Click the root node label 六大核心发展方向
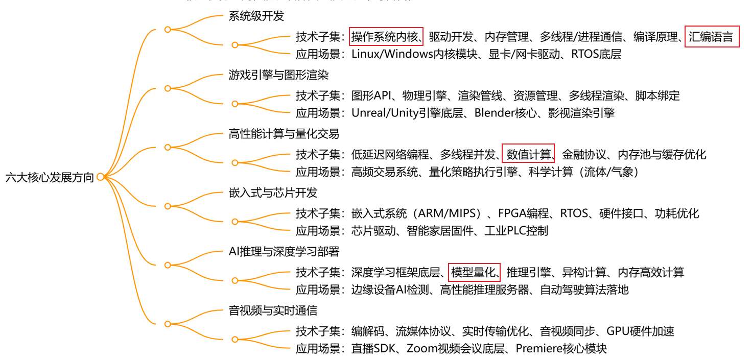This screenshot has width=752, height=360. [50, 178]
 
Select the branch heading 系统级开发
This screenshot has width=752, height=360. [256, 16]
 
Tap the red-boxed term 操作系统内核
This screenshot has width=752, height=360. [386, 37]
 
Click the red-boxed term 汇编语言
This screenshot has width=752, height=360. [711, 37]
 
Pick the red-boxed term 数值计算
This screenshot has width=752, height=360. [528, 154]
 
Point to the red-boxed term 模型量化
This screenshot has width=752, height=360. [474, 272]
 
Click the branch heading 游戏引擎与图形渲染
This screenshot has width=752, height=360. [278, 75]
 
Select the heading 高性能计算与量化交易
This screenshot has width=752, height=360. [284, 134]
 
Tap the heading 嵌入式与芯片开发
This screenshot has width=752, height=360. [273, 193]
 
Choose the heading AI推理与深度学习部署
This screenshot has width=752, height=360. [284, 252]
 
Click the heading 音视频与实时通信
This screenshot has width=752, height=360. [273, 310]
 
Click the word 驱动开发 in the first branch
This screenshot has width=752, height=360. [451, 37]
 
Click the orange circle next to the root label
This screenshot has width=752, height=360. [101, 177]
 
